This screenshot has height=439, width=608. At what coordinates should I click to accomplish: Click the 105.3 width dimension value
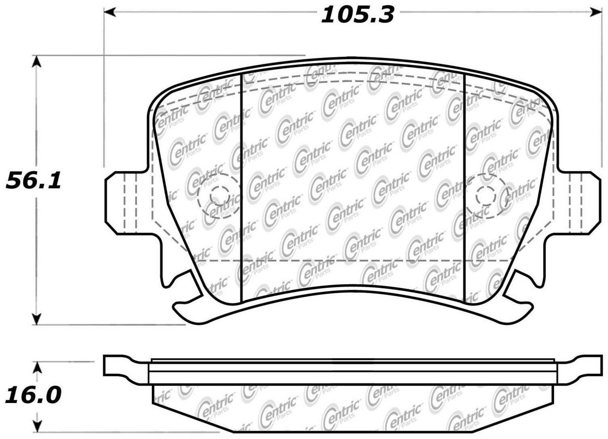coord(357,15)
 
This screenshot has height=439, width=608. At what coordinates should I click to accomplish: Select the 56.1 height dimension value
coord(33,180)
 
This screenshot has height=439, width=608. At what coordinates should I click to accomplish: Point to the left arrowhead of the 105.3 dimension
coord(110,12)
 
